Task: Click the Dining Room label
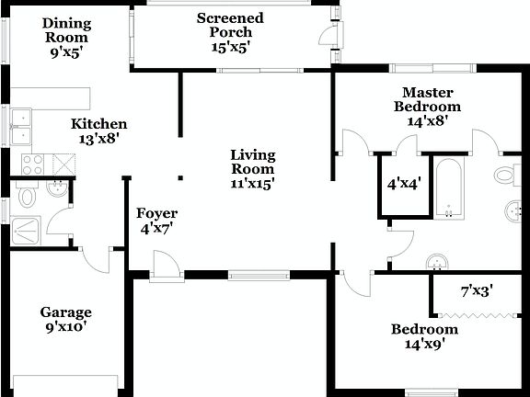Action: [x=65, y=24]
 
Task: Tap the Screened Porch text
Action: [x=230, y=18]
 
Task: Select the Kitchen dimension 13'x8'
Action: [x=99, y=139]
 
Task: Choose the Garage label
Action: [x=65, y=312]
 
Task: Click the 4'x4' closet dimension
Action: [x=404, y=184]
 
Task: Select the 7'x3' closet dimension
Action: [x=477, y=291]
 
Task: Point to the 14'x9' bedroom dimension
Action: [x=424, y=346]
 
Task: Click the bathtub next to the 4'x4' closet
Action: [x=449, y=188]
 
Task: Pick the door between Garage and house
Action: [x=94, y=261]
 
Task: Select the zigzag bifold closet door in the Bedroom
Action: [x=475, y=314]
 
